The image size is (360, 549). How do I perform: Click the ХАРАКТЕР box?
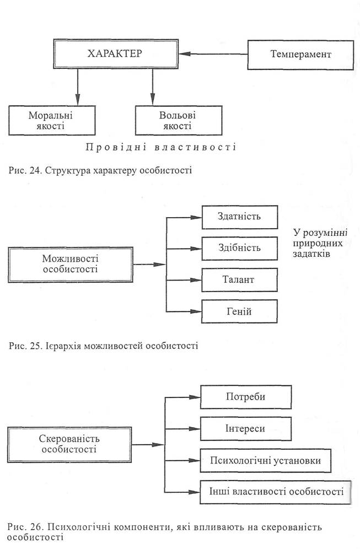[116, 53]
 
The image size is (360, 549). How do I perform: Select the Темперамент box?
[300, 55]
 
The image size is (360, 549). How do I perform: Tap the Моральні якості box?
[52, 121]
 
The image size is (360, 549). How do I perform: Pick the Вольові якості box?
[179, 121]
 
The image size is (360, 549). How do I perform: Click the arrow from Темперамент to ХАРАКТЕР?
[213, 54]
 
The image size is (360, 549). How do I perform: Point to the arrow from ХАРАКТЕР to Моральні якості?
[77, 87]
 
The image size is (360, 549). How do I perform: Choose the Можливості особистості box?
[71, 265]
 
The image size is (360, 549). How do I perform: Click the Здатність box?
[239, 217]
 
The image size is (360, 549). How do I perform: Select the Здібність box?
[239, 249]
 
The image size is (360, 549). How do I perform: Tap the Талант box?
[239, 280]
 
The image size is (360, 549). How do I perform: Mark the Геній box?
[239, 311]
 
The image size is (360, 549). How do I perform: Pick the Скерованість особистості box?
[69, 444]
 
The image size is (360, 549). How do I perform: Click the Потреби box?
[246, 397]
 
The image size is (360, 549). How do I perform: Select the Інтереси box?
[246, 428]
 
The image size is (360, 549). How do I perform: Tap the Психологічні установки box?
[265, 460]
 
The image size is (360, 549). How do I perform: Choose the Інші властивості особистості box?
[275, 492]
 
